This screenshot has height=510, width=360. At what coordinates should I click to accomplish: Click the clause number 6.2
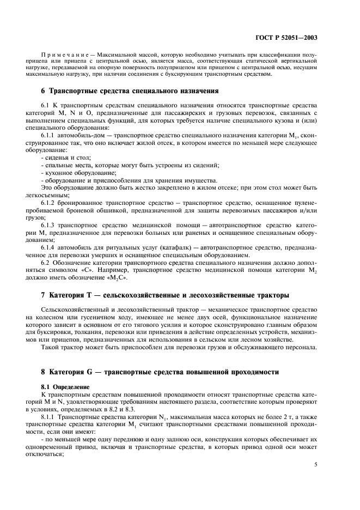click(x=47, y=263)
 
